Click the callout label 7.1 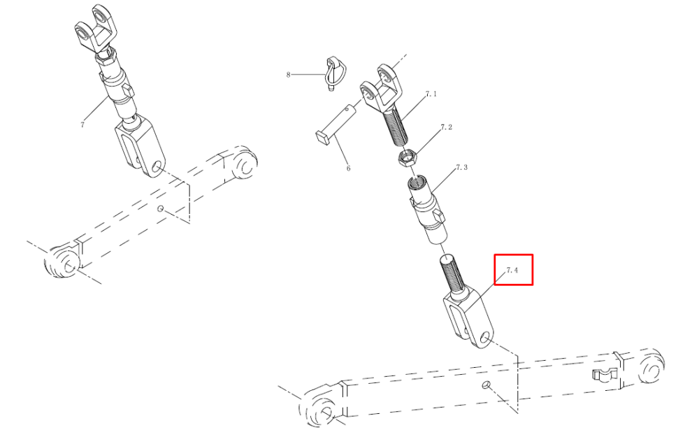tap(431, 94)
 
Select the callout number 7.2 tap(446, 127)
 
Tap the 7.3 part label tap(461, 167)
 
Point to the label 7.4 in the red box tap(512, 270)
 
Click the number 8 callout tap(288, 74)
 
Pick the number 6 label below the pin tap(348, 168)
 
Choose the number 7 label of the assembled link tap(82, 125)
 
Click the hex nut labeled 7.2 tap(407, 158)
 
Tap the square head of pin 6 tap(324, 138)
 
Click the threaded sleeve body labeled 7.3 tap(427, 210)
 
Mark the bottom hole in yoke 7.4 tap(485, 340)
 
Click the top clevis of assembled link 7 tap(95, 29)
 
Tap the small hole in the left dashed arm tap(161, 208)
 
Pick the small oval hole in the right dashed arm tap(486, 385)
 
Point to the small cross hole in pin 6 tap(347, 108)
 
